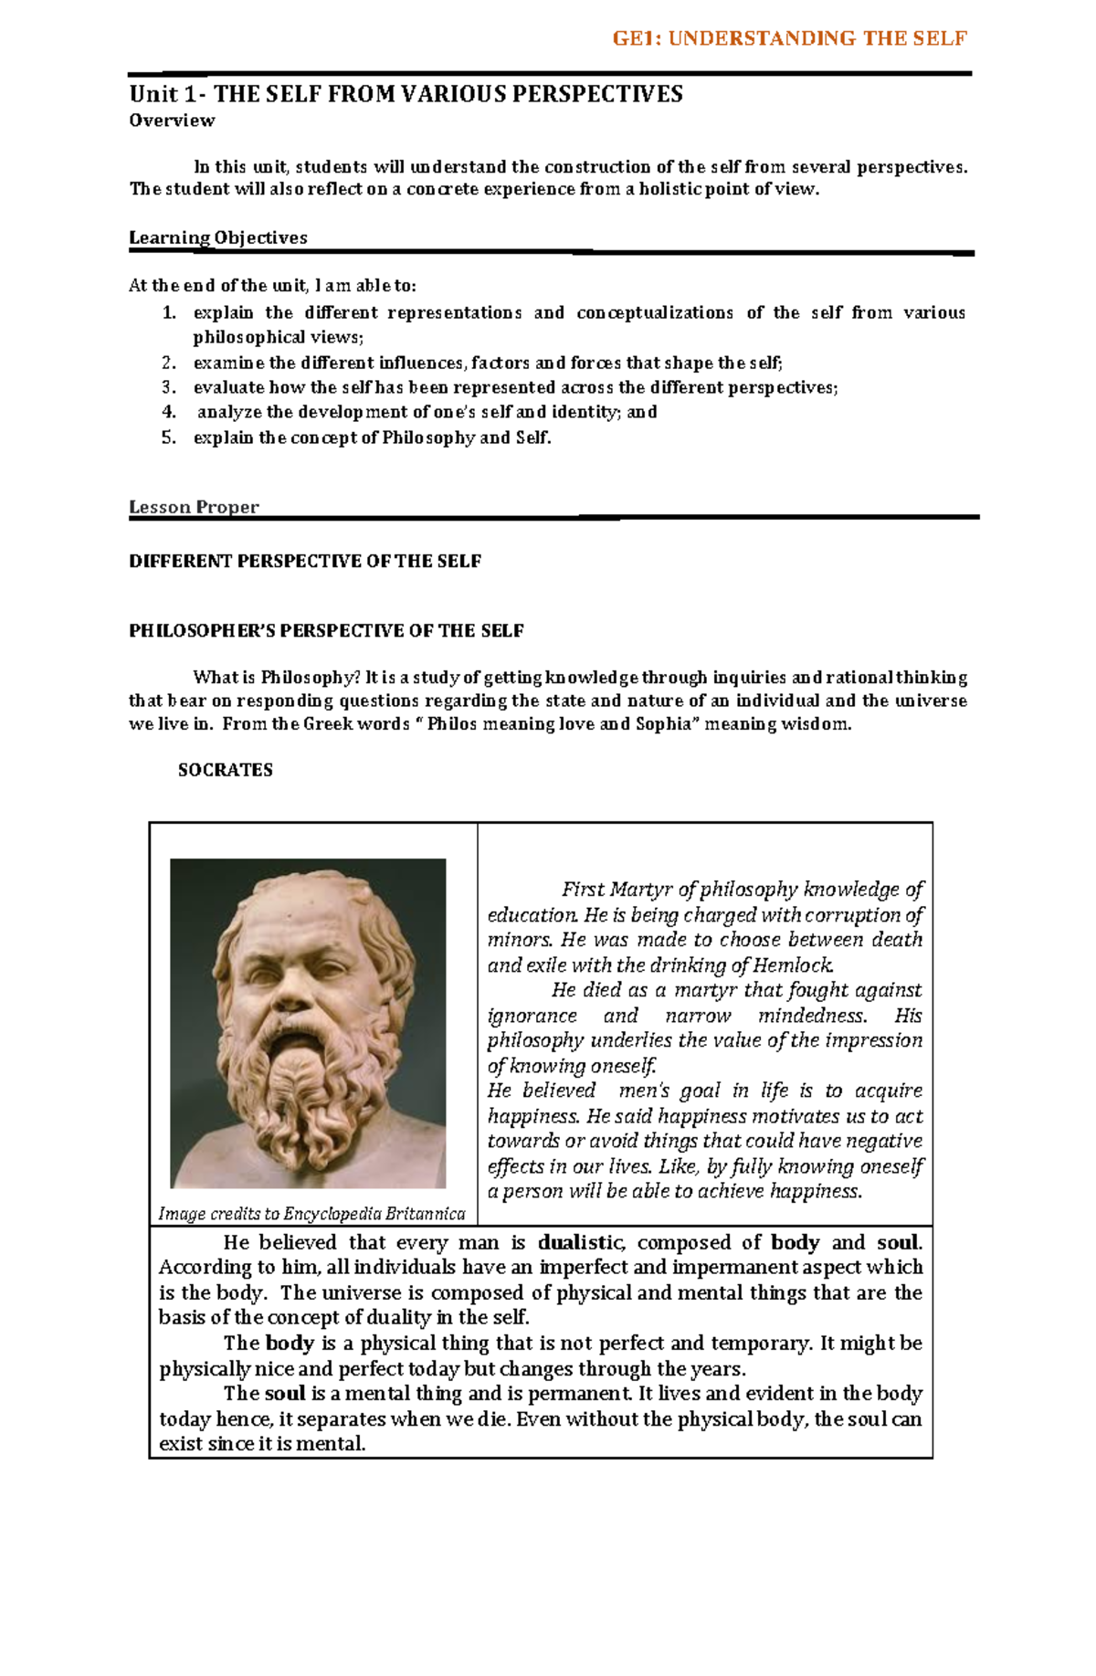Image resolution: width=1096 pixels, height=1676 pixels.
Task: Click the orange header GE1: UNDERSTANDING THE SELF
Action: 789,38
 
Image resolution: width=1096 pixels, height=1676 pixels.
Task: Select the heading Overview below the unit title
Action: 172,121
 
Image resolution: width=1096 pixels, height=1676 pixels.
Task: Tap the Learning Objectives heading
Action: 218,237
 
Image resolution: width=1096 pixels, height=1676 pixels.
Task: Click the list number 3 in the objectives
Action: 168,387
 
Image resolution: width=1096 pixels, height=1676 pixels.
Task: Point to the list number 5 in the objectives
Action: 168,437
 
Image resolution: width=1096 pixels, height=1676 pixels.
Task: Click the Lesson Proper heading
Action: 194,507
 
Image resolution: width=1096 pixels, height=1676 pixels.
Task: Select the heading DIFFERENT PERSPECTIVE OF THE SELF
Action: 305,561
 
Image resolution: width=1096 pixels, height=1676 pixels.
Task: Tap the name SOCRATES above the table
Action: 225,770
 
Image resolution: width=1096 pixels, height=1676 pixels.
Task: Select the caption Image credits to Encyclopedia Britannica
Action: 311,1214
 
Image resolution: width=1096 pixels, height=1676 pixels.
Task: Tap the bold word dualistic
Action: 581,1242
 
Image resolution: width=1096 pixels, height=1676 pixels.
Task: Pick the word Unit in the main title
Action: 153,94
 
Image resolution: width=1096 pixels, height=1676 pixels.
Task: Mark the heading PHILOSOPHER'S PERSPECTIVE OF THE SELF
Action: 326,631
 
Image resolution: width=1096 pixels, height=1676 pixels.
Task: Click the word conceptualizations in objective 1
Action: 655,313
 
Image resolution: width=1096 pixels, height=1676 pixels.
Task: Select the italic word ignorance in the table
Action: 532,1016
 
